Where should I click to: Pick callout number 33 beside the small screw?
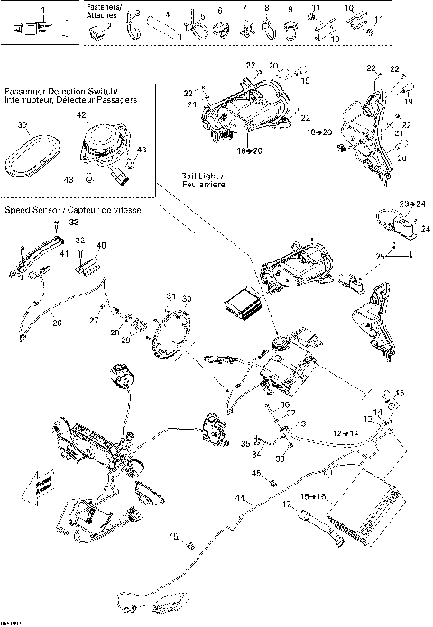(74, 222)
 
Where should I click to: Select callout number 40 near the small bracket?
(100, 245)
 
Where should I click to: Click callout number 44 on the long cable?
(239, 497)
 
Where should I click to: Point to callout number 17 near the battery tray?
(287, 506)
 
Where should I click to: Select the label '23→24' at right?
(410, 205)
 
